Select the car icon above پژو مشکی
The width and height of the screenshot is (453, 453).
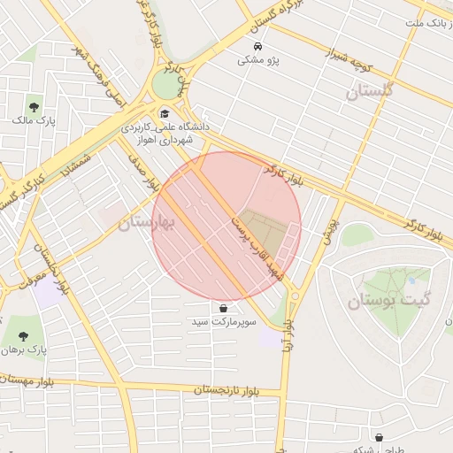click(257, 45)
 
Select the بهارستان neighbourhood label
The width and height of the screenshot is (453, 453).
click(147, 222)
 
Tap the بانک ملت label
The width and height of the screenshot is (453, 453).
click(428, 22)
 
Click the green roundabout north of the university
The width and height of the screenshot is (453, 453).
click(166, 85)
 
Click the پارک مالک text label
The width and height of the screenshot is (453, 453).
click(35, 119)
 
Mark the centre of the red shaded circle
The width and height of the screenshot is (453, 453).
click(226, 226)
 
